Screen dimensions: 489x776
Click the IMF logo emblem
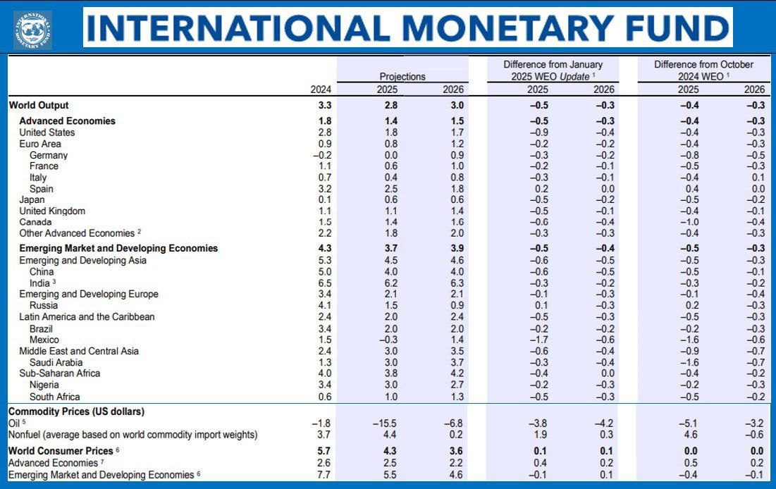coord(32,29)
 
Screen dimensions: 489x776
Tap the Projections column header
coord(402,77)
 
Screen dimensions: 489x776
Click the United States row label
coord(47,132)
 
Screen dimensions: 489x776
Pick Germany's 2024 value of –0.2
coord(321,155)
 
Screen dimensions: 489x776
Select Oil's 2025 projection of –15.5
coord(384,423)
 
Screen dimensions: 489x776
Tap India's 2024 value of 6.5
coord(324,283)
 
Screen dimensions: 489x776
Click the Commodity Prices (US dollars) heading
coord(76,411)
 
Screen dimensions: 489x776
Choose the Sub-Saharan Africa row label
coord(60,373)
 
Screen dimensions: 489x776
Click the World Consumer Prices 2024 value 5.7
coord(324,451)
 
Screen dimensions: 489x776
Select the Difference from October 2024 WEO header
coord(703,70)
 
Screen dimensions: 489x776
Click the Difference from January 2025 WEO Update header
coord(553,70)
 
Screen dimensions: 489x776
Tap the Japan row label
coord(32,200)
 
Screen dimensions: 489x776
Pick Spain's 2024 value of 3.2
coord(324,189)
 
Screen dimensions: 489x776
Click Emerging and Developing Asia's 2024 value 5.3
coord(324,261)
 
